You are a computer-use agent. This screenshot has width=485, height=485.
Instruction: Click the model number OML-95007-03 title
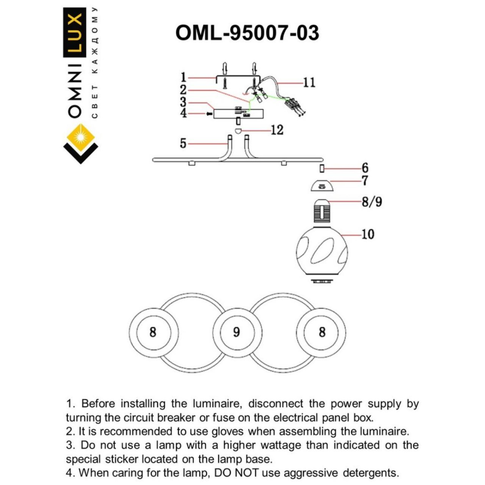[247, 33]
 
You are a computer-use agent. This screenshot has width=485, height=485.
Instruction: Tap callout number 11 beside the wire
[309, 82]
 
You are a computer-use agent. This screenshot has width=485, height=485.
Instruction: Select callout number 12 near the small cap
[277, 130]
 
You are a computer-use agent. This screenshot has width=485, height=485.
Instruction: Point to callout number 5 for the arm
[183, 143]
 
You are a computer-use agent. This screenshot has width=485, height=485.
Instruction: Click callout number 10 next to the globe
[367, 234]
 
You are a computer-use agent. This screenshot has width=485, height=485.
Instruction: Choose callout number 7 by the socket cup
[365, 181]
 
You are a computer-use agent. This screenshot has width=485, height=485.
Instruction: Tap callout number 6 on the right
[365, 168]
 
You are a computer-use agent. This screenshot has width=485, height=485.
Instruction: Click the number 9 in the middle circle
[236, 332]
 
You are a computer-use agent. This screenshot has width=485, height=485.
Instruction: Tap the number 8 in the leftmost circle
[152, 332]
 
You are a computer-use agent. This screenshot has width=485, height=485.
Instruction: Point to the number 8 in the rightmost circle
[322, 332]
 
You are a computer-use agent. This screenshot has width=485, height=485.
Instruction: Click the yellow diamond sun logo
[80, 138]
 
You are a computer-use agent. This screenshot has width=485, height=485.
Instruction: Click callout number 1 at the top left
[183, 77]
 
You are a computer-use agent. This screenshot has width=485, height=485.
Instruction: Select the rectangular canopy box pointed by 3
[238, 114]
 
